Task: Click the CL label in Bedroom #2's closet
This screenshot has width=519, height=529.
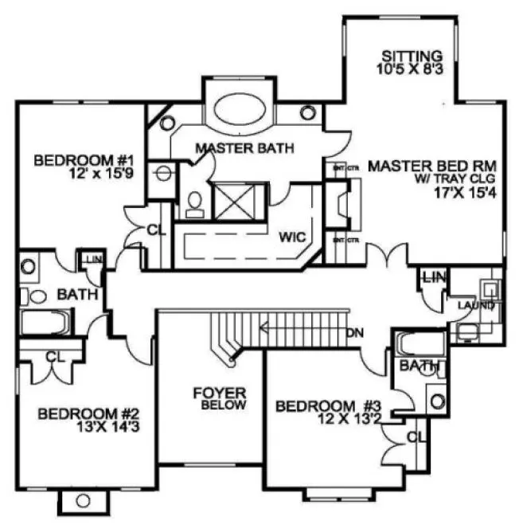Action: pos(54,358)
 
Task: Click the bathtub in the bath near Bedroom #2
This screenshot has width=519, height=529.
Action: pos(44,323)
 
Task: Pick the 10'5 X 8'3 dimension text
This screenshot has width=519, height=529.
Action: pos(411,70)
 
